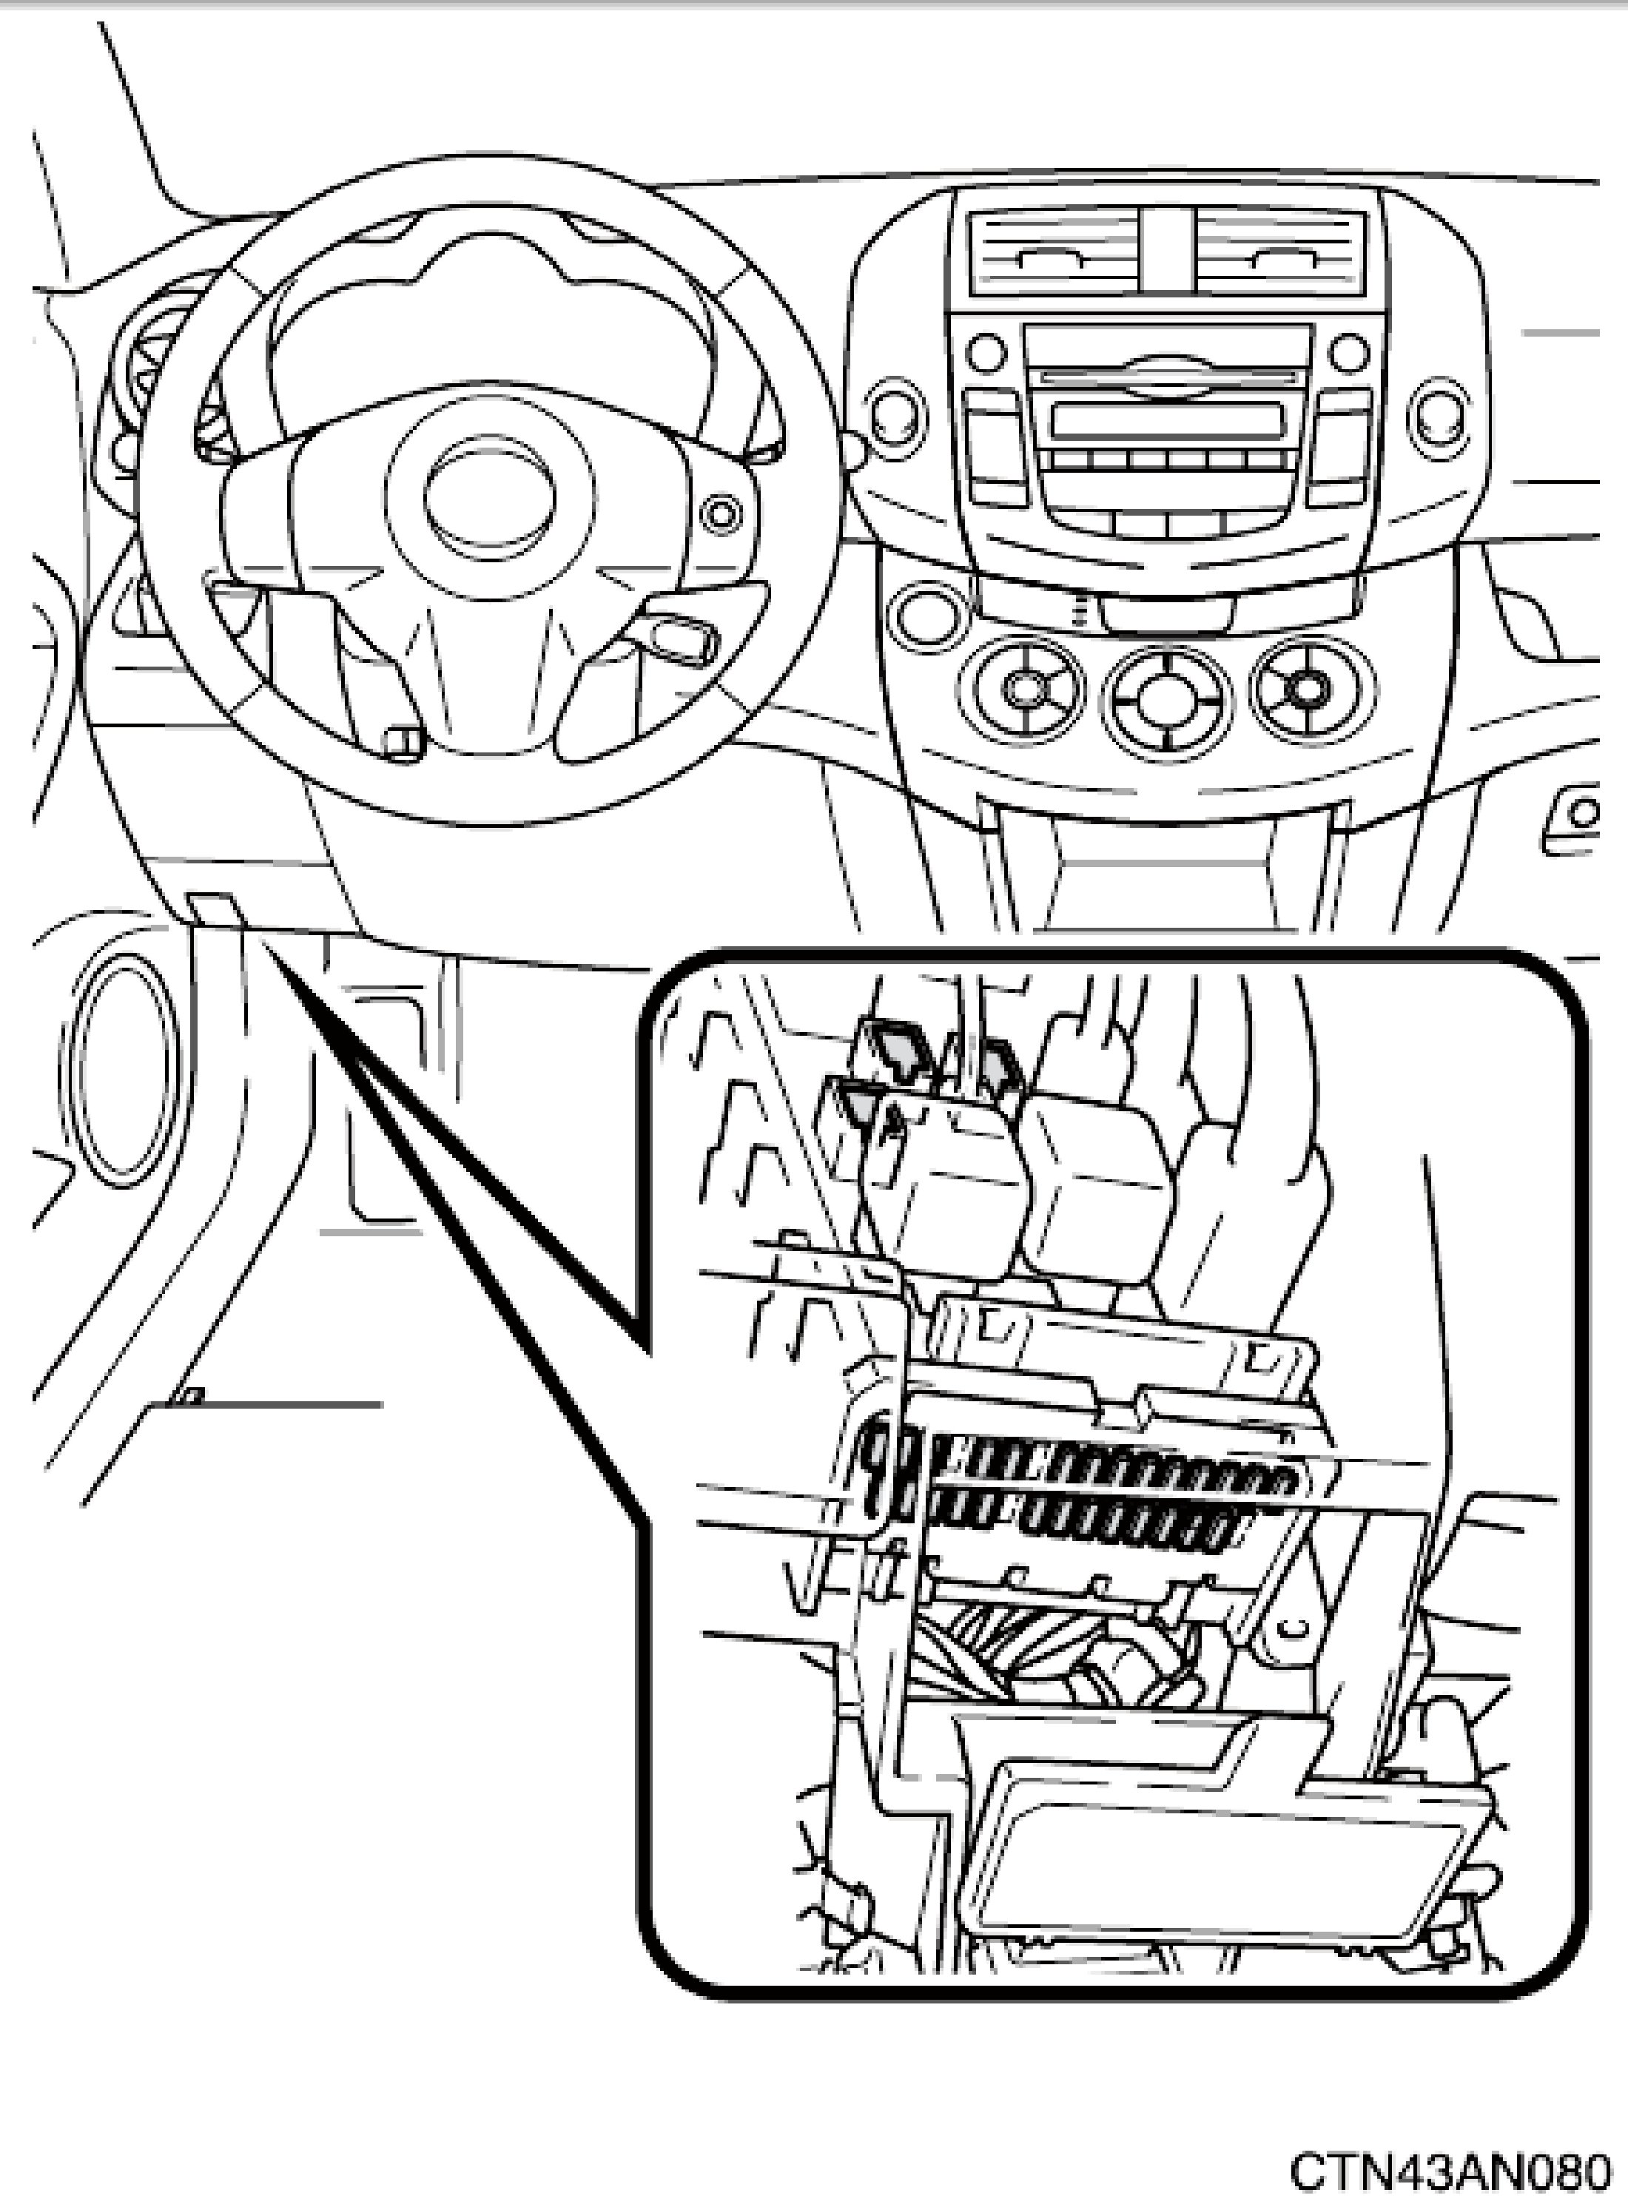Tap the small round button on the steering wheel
pyautogui.click(x=722, y=513)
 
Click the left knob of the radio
pyautogui.click(x=986, y=351)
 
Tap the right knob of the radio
pyautogui.click(x=1349, y=351)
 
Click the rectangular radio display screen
pyautogui.click(x=1168, y=419)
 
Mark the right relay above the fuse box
pyautogui.click(x=1094, y=1173)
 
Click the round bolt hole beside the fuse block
pyautogui.click(x=1292, y=1625)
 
